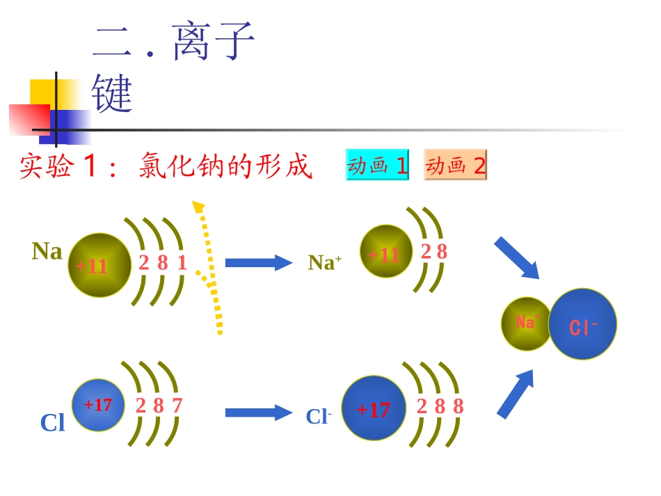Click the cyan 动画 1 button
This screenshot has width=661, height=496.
click(377, 165)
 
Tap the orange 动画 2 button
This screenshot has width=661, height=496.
click(455, 165)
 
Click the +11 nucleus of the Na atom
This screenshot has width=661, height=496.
click(99, 265)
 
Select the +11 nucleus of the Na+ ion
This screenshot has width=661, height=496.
click(386, 252)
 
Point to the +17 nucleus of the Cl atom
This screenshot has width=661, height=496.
click(98, 405)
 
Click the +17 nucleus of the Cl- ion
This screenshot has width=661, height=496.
click(374, 408)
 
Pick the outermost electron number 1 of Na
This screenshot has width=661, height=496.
click(182, 262)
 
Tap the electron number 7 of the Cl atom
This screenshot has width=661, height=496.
click(177, 405)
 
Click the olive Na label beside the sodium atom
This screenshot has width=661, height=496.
click(47, 251)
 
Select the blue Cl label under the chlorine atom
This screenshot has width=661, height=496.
click(52, 422)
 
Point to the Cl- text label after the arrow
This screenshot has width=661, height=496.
click(319, 416)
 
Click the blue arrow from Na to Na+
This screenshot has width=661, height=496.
click(258, 262)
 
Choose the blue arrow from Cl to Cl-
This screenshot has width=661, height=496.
click(258, 413)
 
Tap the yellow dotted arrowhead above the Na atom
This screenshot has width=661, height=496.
click(198, 206)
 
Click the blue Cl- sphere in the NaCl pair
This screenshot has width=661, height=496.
click(583, 324)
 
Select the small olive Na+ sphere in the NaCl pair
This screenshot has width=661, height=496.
click(526, 323)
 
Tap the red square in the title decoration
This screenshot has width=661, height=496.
click(29, 118)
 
